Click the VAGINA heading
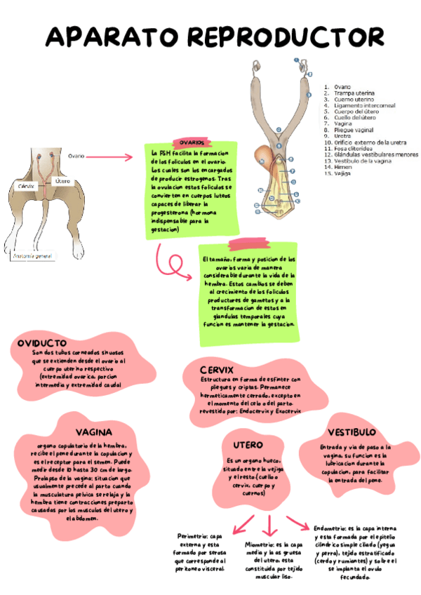[93, 432]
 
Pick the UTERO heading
[248, 445]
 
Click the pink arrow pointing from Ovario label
[113, 157]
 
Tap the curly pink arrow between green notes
[171, 265]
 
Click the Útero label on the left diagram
[62, 181]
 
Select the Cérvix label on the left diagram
[27, 186]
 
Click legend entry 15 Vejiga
[342, 173]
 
